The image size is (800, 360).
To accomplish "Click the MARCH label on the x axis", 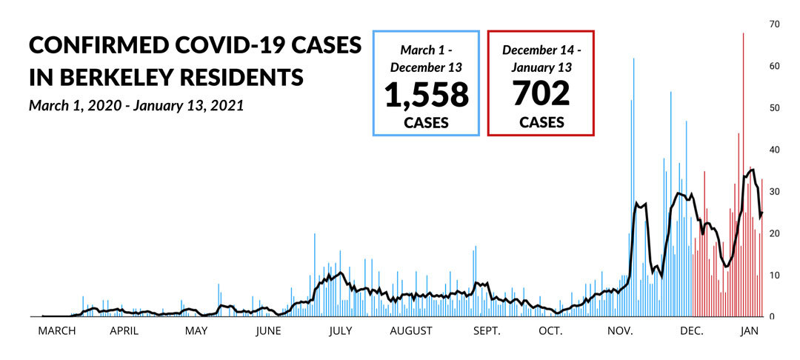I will (x=57, y=331).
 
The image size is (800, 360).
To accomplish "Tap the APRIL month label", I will (x=124, y=331).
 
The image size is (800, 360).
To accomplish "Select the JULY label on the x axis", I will (x=339, y=331).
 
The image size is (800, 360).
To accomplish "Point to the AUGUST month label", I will (x=410, y=331).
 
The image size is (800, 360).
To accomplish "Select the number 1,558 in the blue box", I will (x=426, y=94).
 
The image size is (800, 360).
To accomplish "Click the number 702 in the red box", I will (x=541, y=94).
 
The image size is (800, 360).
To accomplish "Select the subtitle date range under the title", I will (x=136, y=105).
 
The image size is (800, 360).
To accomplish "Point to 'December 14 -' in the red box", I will (x=541, y=50).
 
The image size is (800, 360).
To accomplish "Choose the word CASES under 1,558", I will (x=426, y=122).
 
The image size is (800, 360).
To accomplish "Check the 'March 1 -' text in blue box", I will (x=426, y=50).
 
